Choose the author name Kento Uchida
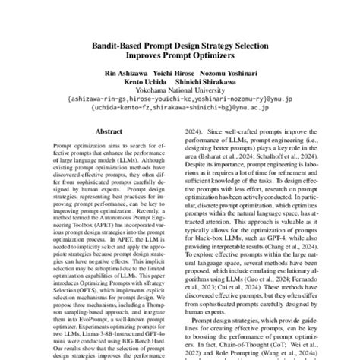point(144,83)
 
